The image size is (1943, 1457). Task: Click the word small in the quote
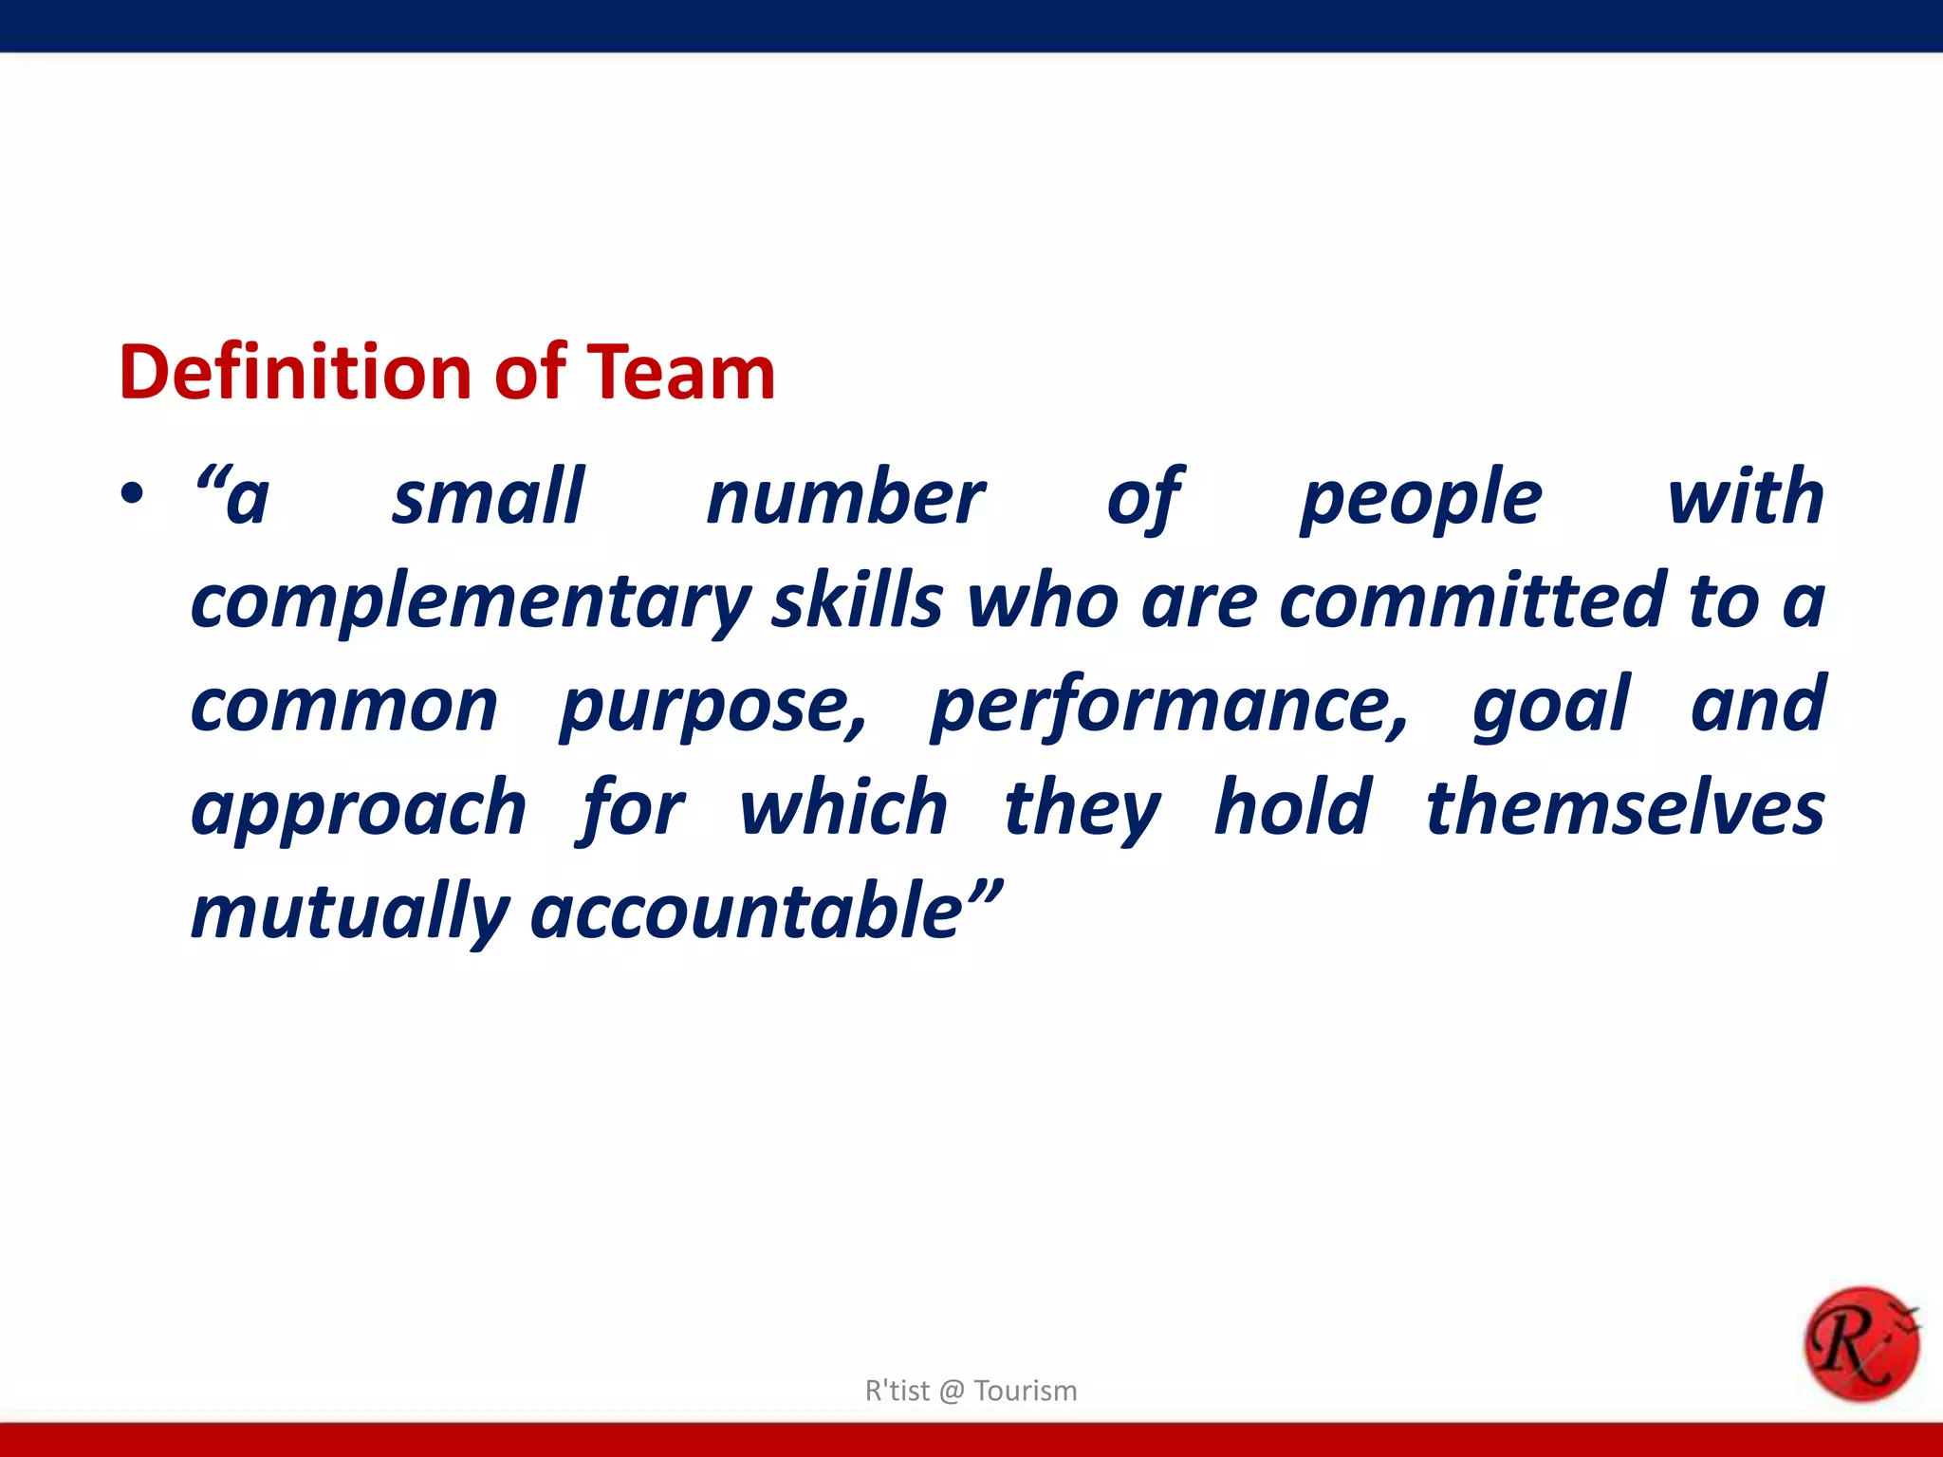click(x=489, y=497)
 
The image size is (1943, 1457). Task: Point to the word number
click(x=845, y=497)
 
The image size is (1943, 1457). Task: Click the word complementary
click(x=471, y=603)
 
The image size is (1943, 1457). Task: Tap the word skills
click(x=857, y=601)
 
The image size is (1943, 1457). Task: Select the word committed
click(x=1471, y=601)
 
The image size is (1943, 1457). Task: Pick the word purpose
click(x=712, y=708)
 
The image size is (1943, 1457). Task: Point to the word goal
click(x=1551, y=708)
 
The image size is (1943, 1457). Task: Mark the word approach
click(x=359, y=810)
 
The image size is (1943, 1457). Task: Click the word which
click(x=843, y=808)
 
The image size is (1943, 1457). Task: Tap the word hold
click(x=1293, y=808)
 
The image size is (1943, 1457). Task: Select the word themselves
click(x=1625, y=808)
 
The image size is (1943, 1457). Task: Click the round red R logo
click(x=1860, y=1344)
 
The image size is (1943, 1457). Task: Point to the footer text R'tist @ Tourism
click(x=971, y=1391)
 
